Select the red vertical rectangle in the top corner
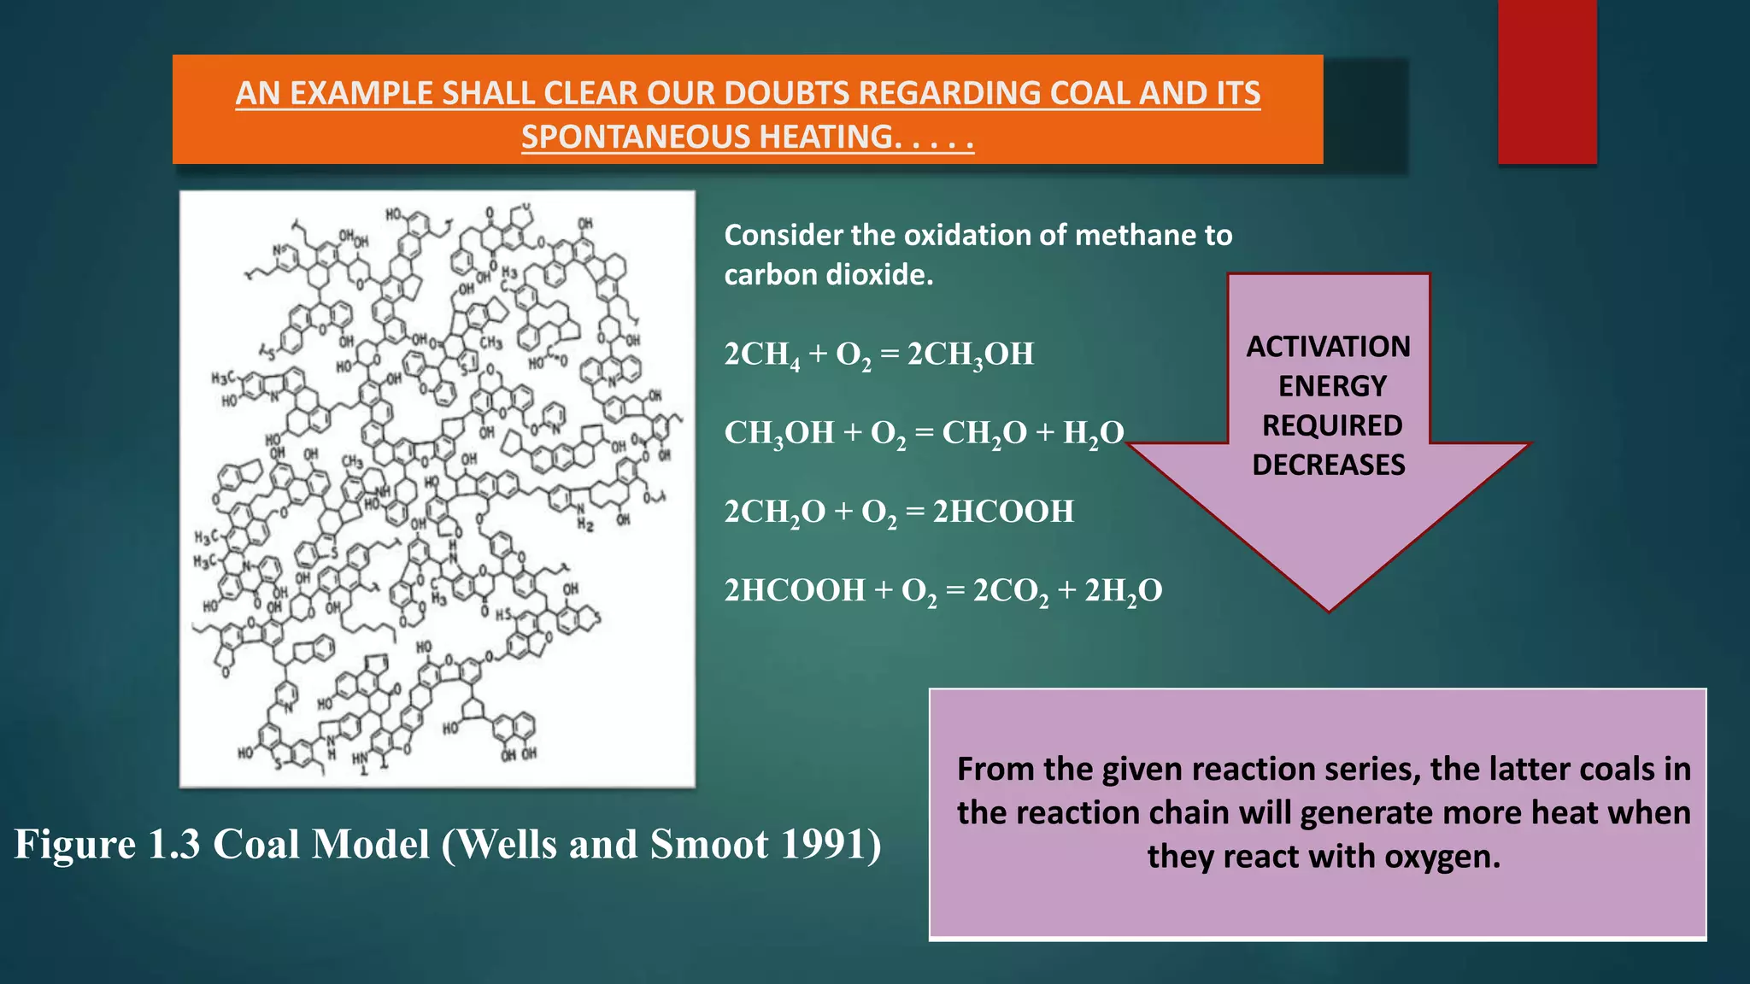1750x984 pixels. point(1547,81)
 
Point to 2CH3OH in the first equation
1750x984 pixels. point(970,354)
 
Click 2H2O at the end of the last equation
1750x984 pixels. point(1123,590)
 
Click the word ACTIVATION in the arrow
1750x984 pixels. point(1328,347)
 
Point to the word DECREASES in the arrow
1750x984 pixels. point(1328,465)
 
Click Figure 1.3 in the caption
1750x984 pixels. point(107,844)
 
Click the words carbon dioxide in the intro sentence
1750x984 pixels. point(828,275)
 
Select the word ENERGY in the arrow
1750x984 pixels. point(1331,386)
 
